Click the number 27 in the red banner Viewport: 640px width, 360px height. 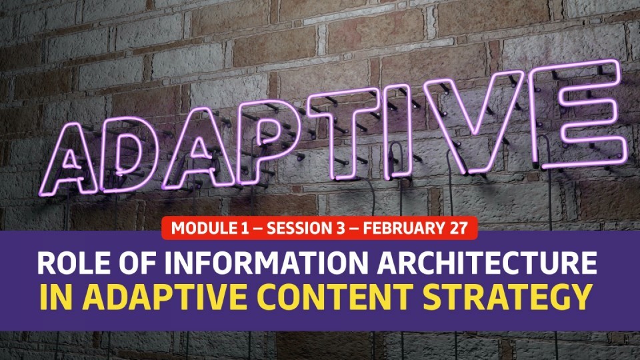point(459,228)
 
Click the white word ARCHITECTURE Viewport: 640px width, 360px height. point(487,263)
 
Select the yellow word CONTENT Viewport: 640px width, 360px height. point(335,297)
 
